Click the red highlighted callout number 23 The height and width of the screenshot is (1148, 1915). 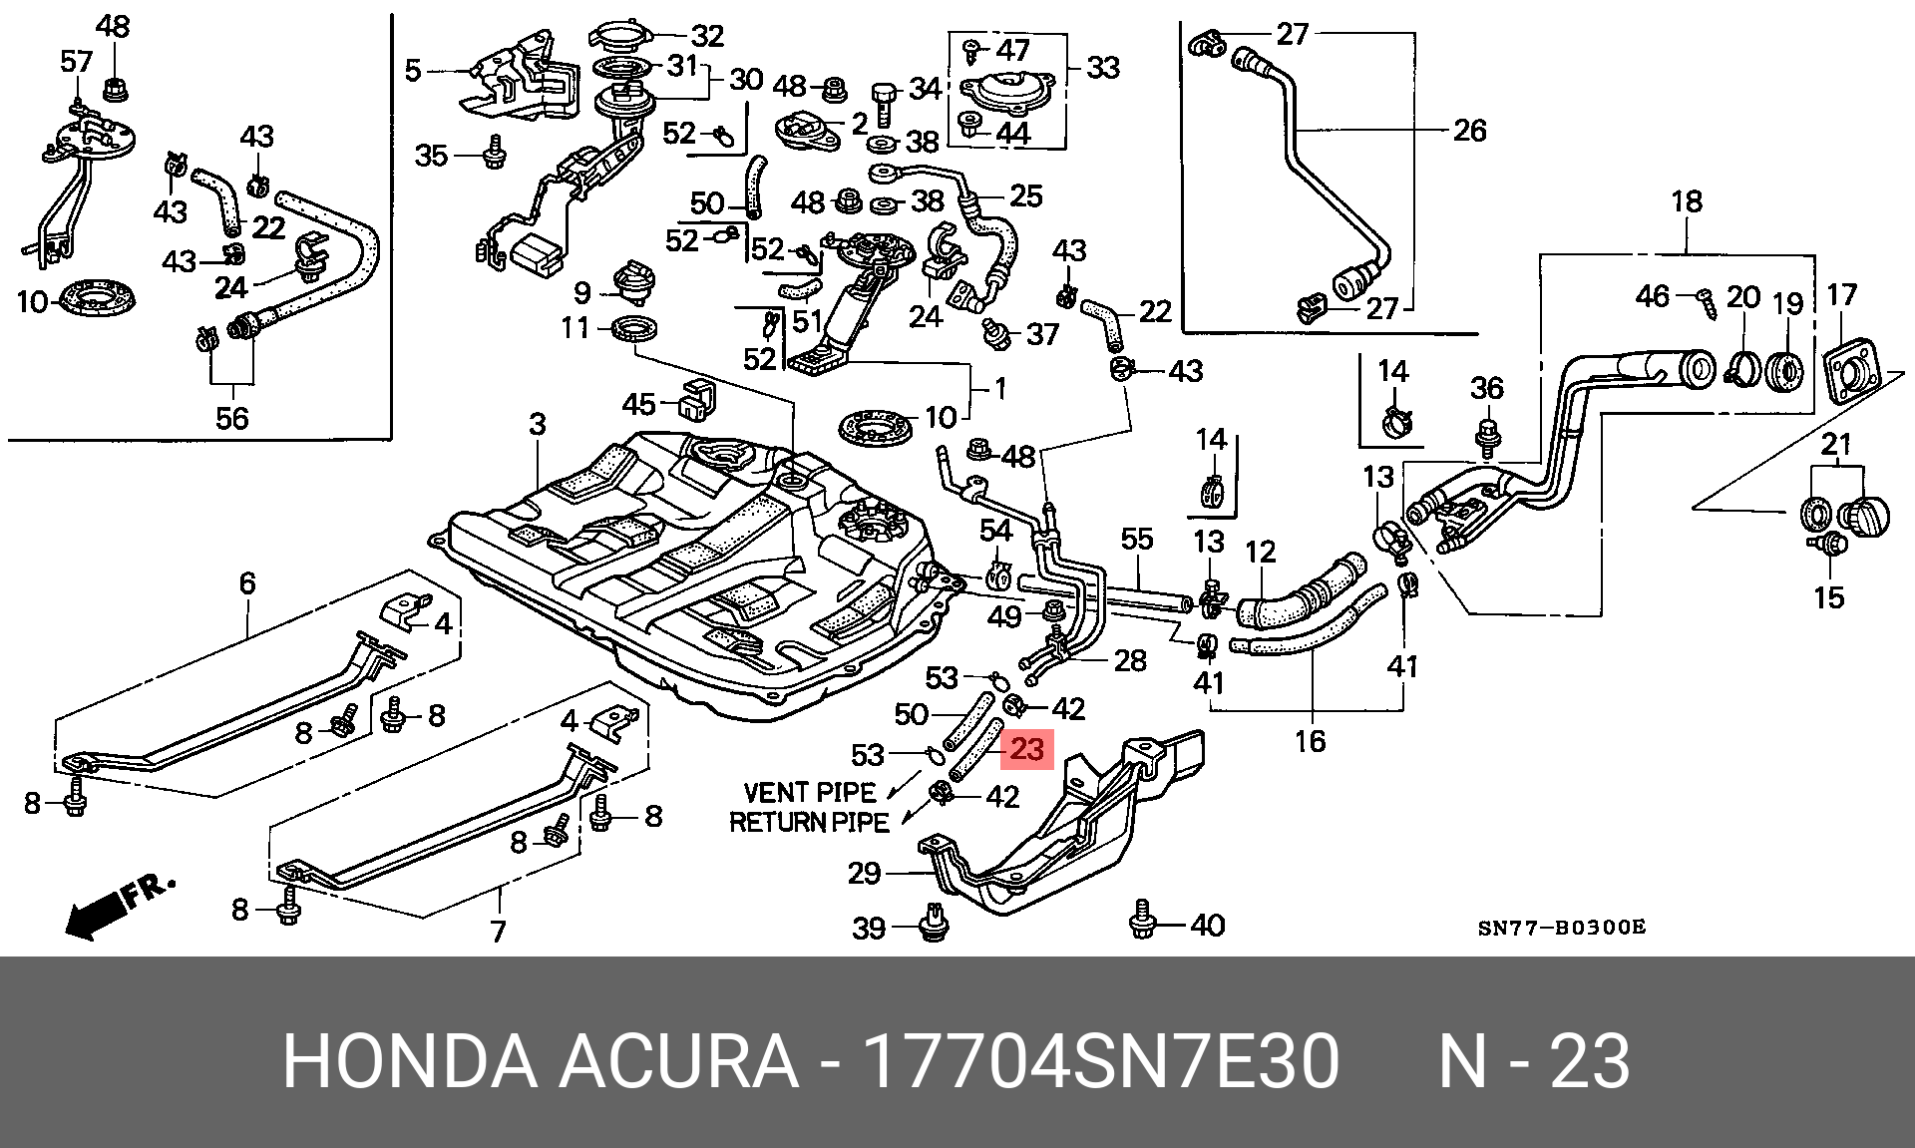tap(1027, 749)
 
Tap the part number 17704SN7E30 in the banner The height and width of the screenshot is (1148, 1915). tap(1100, 1061)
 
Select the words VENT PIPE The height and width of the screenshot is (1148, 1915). tap(810, 793)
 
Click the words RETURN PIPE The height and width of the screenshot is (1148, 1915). tap(809, 823)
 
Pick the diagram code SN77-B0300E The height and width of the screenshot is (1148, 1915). tap(1561, 928)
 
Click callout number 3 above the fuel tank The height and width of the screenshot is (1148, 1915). tap(538, 424)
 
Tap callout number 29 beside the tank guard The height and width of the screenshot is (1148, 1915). tap(865, 874)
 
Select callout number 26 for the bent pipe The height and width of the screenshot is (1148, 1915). tap(1469, 131)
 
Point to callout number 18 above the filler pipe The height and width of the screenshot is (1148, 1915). tap(1687, 201)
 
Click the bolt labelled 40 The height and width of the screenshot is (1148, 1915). tap(1143, 919)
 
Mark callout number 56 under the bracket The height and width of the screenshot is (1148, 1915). tap(232, 418)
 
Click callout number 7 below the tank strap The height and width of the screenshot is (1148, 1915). tap(498, 932)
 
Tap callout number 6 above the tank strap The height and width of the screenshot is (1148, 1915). tap(247, 582)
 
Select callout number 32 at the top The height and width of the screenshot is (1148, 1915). tap(707, 36)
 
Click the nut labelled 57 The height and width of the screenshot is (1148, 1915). tap(77, 105)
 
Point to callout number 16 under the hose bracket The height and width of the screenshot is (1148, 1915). tap(1311, 741)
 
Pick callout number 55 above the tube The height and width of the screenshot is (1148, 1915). tap(1137, 540)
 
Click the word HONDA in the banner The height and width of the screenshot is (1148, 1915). tap(410, 1061)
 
